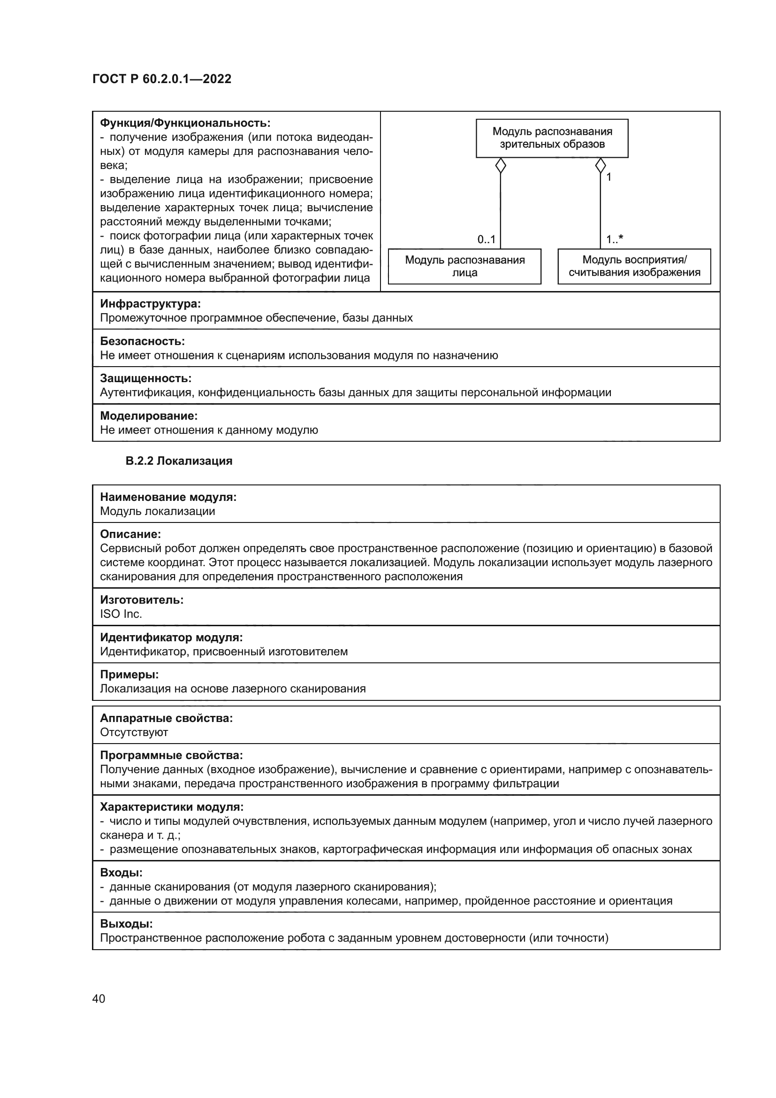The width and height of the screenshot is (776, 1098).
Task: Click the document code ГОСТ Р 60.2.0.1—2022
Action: pyautogui.click(x=161, y=79)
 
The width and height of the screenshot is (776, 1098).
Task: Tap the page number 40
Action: pyautogui.click(x=99, y=998)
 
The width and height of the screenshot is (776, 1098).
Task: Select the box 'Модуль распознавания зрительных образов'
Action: pyautogui.click(x=552, y=138)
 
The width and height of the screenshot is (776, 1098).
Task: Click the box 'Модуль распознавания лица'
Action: pyautogui.click(x=464, y=266)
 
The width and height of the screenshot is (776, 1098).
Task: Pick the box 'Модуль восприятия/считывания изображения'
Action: pyautogui.click(x=634, y=266)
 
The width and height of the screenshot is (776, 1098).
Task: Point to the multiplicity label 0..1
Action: pyautogui.click(x=486, y=239)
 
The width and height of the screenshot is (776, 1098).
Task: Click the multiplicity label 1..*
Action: pyautogui.click(x=614, y=239)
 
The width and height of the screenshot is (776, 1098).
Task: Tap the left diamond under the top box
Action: pyautogui.click(x=500, y=166)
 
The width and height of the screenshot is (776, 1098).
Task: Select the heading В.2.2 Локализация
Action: pyautogui.click(x=179, y=461)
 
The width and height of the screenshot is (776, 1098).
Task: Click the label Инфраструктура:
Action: pyautogui.click(x=150, y=304)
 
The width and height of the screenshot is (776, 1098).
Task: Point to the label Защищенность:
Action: pyautogui.click(x=145, y=378)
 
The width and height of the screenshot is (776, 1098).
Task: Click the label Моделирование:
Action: pyautogui.click(x=149, y=415)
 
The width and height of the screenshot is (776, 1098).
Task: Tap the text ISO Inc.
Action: pyautogui.click(x=121, y=614)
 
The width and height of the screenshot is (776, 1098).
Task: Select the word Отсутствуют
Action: pyautogui.click(x=134, y=732)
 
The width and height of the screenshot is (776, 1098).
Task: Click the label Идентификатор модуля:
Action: pyautogui.click(x=171, y=637)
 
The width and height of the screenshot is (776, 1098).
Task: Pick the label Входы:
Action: pyautogui.click(x=121, y=873)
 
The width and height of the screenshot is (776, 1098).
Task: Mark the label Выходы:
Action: pyautogui.click(x=126, y=924)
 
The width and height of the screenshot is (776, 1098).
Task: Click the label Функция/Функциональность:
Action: pyautogui.click(x=185, y=123)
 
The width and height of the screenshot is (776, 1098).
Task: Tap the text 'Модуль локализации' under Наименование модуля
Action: pyautogui.click(x=157, y=511)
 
